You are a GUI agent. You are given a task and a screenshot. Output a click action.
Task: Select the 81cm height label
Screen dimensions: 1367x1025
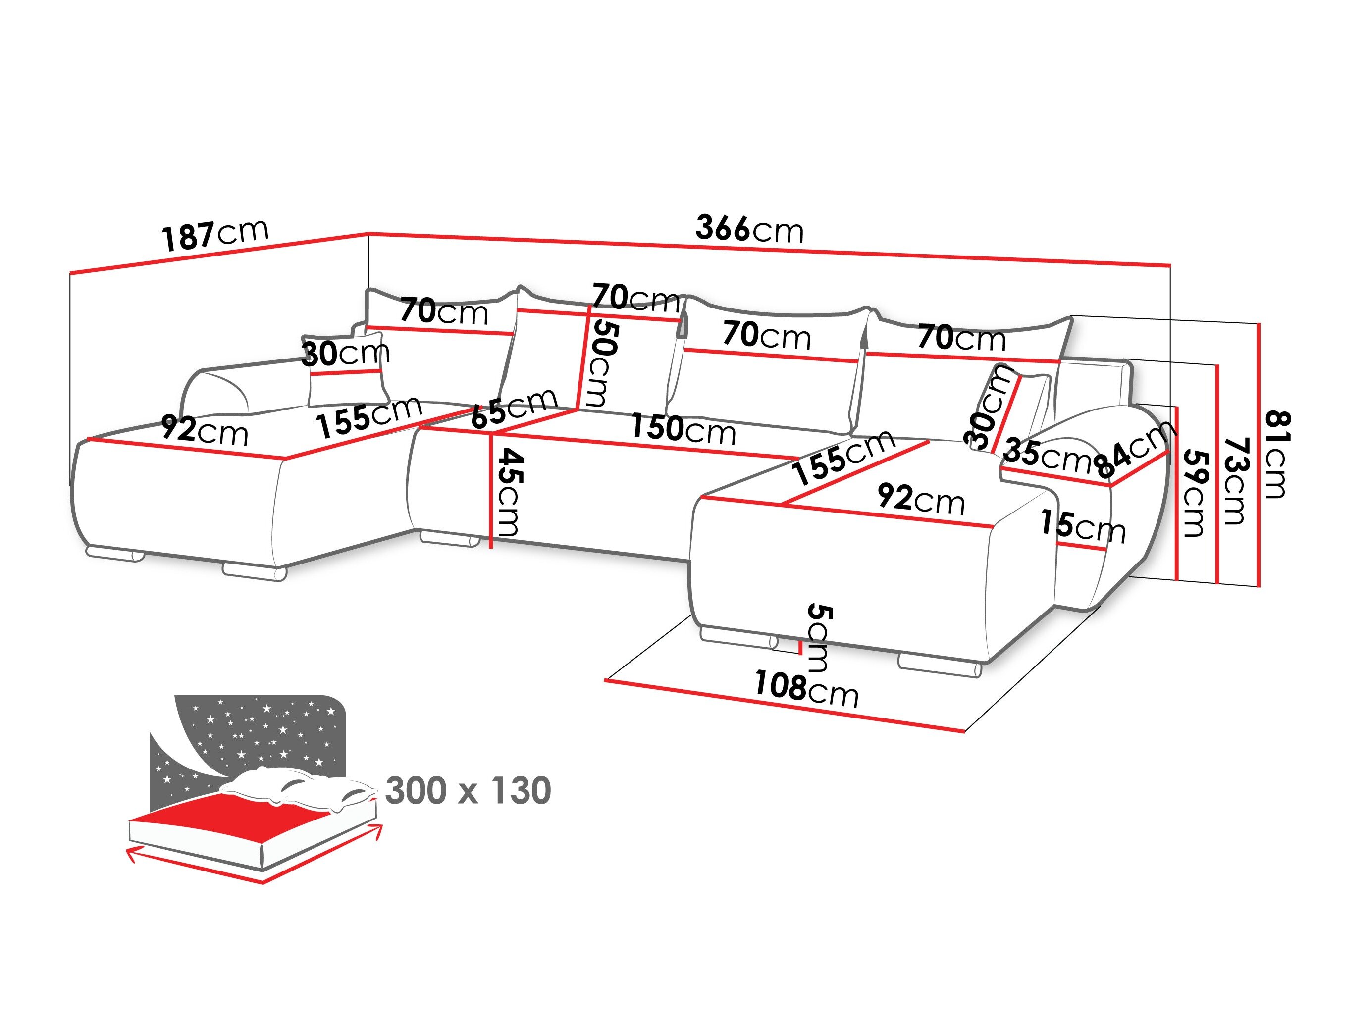pyautogui.click(x=1275, y=454)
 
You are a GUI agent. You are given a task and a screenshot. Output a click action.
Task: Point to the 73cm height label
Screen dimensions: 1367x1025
pyautogui.click(x=1234, y=481)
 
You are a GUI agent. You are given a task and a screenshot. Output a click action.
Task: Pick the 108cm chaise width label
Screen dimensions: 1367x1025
pyautogui.click(x=806, y=689)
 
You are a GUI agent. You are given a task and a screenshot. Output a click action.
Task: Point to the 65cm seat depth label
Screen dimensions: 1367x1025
pyautogui.click(x=514, y=409)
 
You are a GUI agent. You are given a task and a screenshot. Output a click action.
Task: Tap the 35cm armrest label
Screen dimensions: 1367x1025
pyautogui.click(x=1048, y=455)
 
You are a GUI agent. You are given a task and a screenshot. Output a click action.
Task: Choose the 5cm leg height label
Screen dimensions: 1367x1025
pyautogui.click(x=818, y=638)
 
